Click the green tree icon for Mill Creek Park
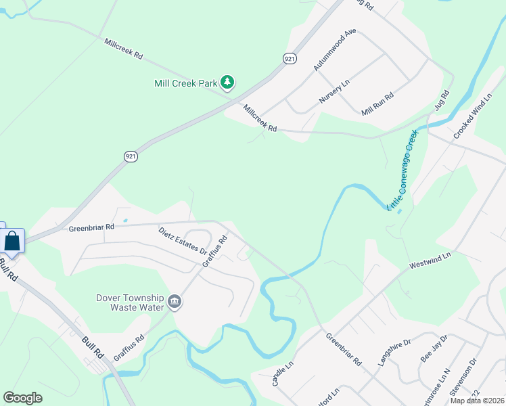click(228, 83)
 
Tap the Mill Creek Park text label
click(185, 83)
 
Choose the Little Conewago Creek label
click(403, 169)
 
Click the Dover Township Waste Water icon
click(175, 301)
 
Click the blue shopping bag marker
click(12, 241)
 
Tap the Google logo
click(22, 398)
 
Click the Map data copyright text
click(476, 401)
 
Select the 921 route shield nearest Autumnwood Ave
click(290, 59)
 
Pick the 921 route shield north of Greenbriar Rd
click(131, 156)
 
